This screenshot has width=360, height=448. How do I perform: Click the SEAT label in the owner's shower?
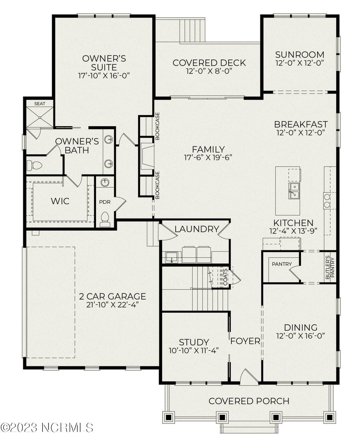click(x=40, y=103)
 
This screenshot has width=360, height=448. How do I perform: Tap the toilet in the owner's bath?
click(x=34, y=166)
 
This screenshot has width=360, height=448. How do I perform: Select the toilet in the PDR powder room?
click(x=105, y=219)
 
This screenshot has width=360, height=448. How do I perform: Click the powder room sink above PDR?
click(x=105, y=183)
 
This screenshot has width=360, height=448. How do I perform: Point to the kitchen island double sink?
click(x=294, y=191)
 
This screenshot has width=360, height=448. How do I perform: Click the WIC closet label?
click(x=60, y=201)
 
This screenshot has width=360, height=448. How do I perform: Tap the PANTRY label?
click(x=282, y=264)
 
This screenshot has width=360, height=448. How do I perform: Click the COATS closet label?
click(x=225, y=277)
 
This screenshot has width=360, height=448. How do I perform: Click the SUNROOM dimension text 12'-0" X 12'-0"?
click(x=300, y=63)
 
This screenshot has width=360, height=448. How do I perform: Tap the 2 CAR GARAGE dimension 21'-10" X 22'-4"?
click(x=112, y=305)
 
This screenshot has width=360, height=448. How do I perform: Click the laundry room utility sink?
click(x=171, y=257)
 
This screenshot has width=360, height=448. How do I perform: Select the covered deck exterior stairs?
click(x=192, y=30)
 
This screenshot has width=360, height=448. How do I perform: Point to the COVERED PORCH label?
click(x=249, y=401)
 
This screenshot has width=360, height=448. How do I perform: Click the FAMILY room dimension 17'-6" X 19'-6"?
click(x=208, y=158)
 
